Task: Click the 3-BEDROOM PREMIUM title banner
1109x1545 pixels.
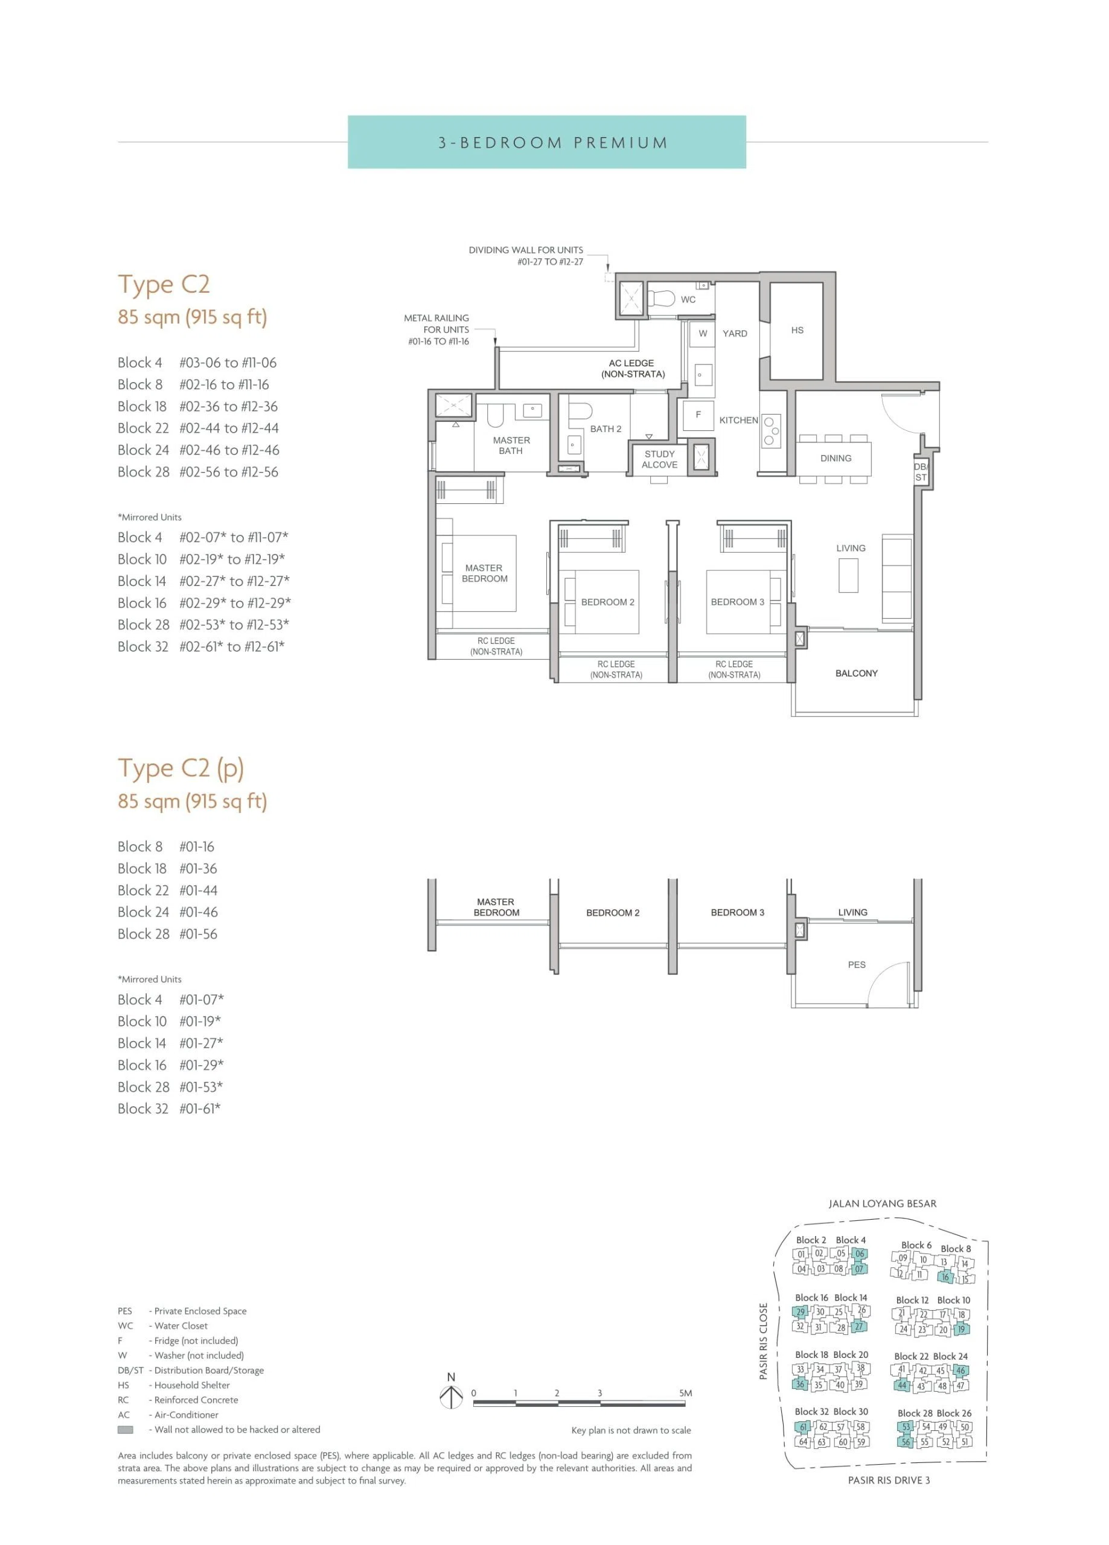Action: coord(547,142)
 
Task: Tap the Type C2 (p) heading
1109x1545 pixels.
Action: coord(181,768)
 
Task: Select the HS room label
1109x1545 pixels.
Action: coord(797,330)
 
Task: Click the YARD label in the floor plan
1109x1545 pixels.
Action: coord(735,333)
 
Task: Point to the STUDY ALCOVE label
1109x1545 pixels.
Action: coord(659,459)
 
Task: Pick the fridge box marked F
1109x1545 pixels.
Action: coord(698,415)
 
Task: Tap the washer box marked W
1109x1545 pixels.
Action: coord(702,333)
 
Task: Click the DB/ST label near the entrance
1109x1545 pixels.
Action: coord(921,472)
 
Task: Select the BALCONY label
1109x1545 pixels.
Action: coord(856,673)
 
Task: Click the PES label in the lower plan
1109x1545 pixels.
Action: coord(857,964)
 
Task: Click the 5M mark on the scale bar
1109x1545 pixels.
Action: coord(685,1392)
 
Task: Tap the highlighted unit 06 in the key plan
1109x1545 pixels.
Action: coord(860,1254)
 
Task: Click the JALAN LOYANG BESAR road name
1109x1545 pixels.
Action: coord(882,1203)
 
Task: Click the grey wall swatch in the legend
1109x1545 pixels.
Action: coord(126,1429)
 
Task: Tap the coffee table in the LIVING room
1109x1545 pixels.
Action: coord(848,576)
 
